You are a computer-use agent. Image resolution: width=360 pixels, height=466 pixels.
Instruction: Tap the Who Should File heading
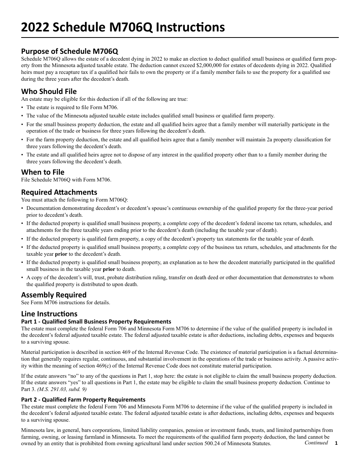click(49, 91)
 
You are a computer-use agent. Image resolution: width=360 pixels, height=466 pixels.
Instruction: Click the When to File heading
click(43, 172)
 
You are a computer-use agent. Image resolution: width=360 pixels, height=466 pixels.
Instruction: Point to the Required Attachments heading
click(59, 192)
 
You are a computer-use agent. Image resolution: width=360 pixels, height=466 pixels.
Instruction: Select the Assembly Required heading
click(54, 295)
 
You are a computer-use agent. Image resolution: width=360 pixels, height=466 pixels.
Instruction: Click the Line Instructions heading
click(49, 314)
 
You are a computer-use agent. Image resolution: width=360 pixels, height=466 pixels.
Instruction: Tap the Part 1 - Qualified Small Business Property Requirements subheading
click(96, 321)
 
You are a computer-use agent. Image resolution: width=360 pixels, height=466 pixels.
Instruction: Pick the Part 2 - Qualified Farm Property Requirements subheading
click(83, 399)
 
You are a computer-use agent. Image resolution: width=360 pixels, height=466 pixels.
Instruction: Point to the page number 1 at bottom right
click(336, 443)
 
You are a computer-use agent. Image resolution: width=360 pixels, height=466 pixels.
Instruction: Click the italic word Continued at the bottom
click(316, 443)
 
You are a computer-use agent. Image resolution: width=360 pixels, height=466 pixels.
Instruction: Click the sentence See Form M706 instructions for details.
click(66, 302)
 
